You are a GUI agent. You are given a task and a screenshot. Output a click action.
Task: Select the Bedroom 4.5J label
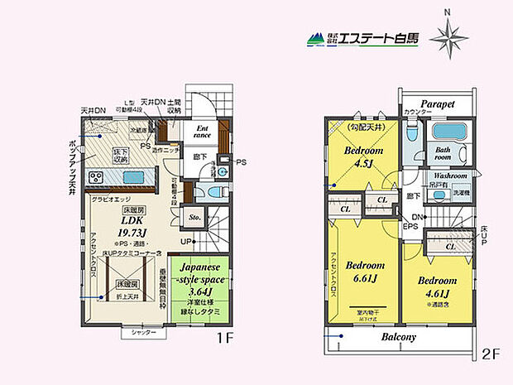362,156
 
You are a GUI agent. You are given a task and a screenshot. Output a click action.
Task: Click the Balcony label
399,338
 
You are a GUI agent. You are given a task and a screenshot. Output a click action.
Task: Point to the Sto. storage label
195,219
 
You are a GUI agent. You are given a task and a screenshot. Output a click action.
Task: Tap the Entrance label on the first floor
204,131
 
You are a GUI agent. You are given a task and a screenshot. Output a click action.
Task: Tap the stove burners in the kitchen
96,178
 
